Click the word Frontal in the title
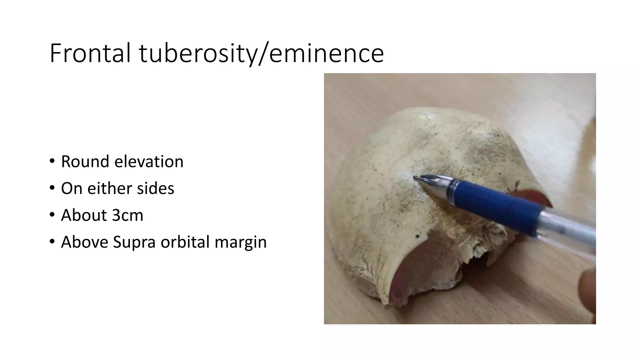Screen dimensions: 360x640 point(90,53)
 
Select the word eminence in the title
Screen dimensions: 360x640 point(326,53)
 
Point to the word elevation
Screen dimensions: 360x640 point(149,162)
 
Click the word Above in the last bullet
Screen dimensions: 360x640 point(84,242)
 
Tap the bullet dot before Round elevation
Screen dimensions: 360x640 point(52,162)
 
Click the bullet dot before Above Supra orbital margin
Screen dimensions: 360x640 point(52,242)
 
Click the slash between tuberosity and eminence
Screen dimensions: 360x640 point(263,53)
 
